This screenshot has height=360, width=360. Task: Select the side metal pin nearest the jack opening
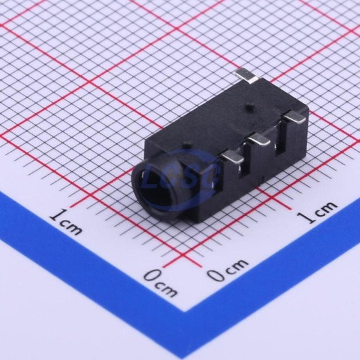coord(232,158)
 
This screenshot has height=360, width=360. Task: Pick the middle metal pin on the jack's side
coord(260,139)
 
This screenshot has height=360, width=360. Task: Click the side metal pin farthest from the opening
coord(295,118)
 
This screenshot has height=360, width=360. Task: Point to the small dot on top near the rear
coord(248,107)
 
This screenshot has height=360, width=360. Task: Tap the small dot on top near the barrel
coord(187,145)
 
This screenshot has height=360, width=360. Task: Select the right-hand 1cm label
coord(317,211)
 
